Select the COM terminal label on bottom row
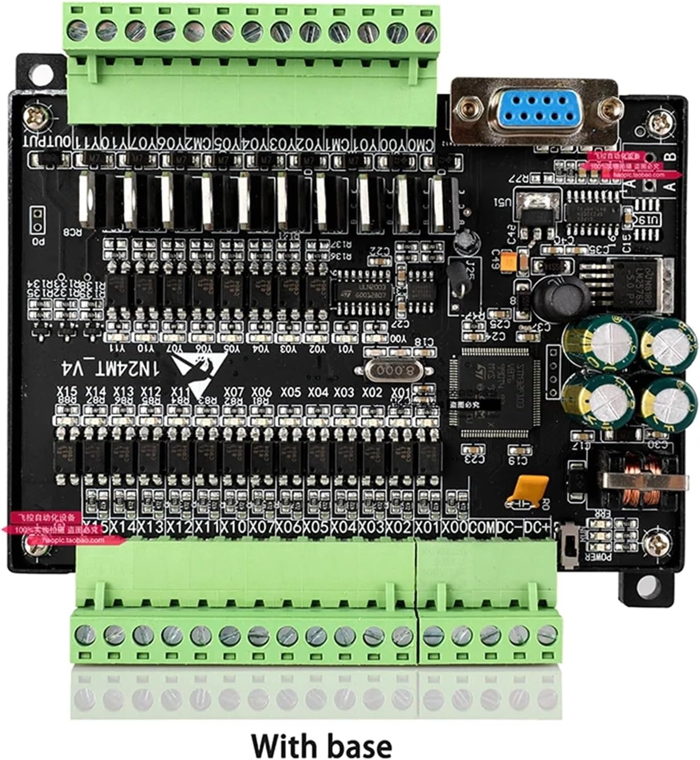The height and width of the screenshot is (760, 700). pyautogui.click(x=482, y=527)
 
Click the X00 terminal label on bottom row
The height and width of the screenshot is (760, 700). pyautogui.click(x=455, y=527)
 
